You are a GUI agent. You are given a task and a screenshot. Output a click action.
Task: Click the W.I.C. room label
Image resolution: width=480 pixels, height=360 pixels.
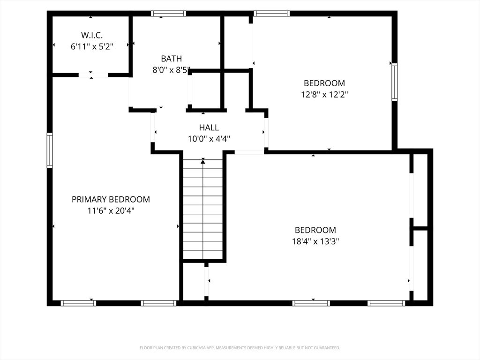92,35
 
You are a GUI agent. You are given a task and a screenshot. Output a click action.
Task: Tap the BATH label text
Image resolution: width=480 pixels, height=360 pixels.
172,59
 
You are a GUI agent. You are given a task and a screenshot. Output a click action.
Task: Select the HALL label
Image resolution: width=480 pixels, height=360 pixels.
209,127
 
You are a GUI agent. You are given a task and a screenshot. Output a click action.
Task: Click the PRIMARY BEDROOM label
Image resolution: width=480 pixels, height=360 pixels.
111,199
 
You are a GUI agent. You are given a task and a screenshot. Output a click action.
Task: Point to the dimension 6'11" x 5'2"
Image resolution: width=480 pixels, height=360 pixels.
92,46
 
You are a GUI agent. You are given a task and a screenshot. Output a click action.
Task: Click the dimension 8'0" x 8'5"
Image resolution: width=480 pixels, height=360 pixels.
172,70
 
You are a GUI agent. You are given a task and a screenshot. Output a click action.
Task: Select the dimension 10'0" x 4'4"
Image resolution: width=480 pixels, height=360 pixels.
209,139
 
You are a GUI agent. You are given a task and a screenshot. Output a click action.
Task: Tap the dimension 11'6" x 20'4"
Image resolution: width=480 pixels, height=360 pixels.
111,210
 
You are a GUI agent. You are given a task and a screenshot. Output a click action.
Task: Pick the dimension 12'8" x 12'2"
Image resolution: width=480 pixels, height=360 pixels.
324,94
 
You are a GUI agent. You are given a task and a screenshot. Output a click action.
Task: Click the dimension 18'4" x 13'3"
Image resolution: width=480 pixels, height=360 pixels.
315,241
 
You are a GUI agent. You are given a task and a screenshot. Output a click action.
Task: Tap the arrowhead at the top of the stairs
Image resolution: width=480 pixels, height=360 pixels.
203,161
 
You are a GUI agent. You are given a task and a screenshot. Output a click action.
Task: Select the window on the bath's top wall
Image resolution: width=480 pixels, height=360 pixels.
168,14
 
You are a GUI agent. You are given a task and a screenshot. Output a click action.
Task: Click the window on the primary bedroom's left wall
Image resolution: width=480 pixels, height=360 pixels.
50,150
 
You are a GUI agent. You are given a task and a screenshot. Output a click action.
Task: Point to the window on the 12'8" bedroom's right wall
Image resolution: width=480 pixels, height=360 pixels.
395,82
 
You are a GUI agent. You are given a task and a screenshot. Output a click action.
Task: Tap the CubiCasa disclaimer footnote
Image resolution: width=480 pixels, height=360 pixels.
240,348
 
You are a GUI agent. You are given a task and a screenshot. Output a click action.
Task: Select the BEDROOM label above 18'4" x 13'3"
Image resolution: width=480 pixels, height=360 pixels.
315,230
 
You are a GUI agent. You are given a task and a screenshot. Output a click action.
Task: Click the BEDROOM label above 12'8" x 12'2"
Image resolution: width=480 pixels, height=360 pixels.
324,83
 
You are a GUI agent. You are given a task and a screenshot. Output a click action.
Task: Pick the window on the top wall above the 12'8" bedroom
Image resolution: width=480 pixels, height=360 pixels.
271,14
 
